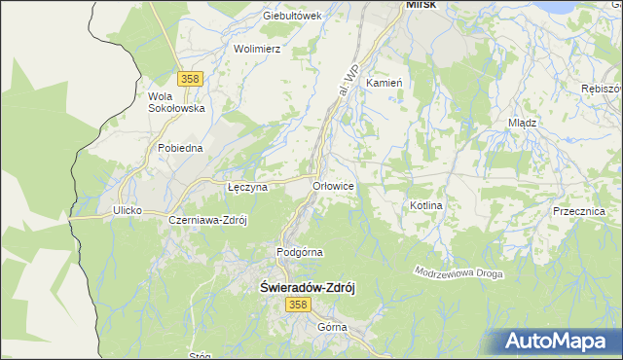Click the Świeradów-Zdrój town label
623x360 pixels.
311,288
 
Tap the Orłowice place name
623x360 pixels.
332,185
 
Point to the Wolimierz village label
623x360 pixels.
257,49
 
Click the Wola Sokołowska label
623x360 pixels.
175,102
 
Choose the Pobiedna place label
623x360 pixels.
180,148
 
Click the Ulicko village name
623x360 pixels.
128,210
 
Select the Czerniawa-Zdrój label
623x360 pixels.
208,220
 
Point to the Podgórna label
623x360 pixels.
299,252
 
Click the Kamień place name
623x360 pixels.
384,84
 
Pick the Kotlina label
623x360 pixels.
426,206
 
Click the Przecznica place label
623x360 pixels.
578,211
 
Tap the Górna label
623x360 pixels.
332,327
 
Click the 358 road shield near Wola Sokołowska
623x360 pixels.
190,77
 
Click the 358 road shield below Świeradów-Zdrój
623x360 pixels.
299,306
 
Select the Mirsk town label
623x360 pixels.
421,5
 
